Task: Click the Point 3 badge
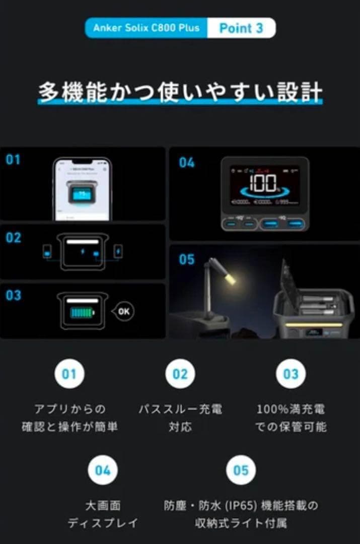point(241,28)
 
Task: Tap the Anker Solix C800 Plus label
point(146,28)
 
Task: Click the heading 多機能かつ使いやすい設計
point(180,93)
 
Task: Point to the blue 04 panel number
point(186,163)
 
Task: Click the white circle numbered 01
point(69,374)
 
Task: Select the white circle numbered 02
point(180,374)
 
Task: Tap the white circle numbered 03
point(291,374)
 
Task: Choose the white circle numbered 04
point(102,470)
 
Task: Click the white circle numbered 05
point(241,470)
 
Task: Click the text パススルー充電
point(180,409)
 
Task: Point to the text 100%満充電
point(291,409)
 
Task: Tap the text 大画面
point(103,505)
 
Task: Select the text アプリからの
point(69,409)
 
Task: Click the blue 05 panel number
point(186,259)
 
